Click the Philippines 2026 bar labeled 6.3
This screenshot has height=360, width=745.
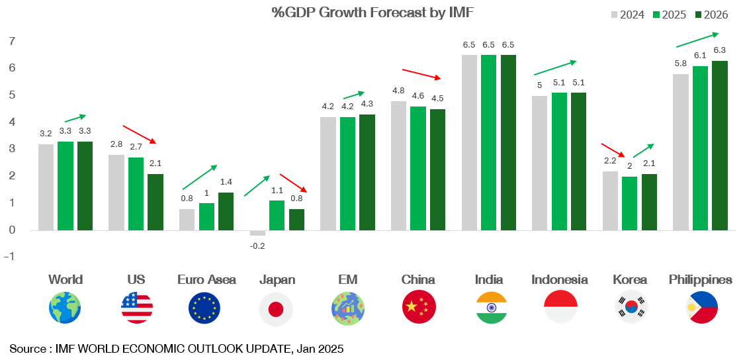719,146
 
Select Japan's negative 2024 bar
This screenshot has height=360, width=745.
257,233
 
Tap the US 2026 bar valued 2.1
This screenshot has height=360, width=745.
155,202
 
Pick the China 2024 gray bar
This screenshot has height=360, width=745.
399,165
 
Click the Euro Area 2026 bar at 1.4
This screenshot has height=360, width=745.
226,211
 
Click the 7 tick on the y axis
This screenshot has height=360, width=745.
11,41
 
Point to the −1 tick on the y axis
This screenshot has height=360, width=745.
10,257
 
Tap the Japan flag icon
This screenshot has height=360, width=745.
276,308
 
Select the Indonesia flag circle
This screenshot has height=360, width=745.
560,308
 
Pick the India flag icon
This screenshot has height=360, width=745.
491,308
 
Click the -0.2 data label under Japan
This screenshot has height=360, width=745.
257,246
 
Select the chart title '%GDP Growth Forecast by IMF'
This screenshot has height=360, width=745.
372,13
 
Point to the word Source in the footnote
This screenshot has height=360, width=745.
26,349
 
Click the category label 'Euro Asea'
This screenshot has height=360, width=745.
206,279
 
